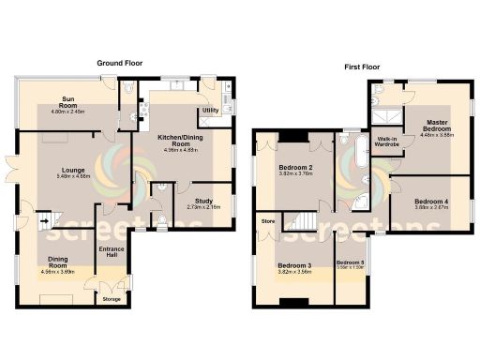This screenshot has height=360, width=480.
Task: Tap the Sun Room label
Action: [x=68, y=102]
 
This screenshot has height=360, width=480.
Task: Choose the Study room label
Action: [x=203, y=201]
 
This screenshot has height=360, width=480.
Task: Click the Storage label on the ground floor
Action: [x=112, y=299]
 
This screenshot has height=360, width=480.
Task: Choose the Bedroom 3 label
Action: [x=295, y=266]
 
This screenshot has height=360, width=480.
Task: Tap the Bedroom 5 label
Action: [x=350, y=262]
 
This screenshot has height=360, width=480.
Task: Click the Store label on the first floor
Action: [x=267, y=222]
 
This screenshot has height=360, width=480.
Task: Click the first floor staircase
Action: [x=301, y=224]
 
